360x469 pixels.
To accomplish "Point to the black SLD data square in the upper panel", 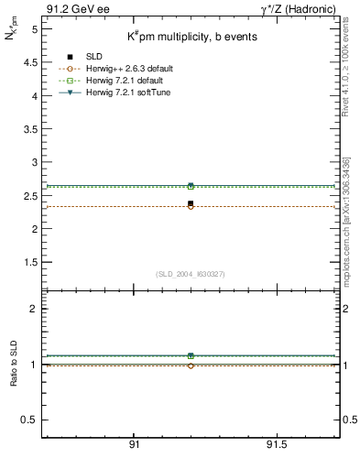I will coord(191,203).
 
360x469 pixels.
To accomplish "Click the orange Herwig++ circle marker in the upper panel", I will coord(191,207).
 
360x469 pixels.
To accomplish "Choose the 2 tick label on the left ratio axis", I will coord(33,310).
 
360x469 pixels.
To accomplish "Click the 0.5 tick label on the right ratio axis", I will coord(349,420).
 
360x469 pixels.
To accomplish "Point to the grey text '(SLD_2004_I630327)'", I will coord(190,274).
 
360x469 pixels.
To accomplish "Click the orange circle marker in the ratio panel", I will coord(191,365).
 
